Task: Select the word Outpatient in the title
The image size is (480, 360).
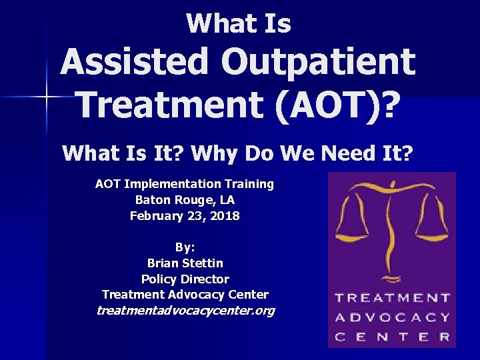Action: coord(319,63)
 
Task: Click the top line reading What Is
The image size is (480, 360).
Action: coord(239,24)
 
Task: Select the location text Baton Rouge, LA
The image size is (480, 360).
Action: coord(185,199)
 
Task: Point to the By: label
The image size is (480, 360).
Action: coord(185,247)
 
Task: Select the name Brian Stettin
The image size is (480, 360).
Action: coord(185,263)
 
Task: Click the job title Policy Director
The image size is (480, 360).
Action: coord(185,279)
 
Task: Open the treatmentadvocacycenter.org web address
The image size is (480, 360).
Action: coord(185,311)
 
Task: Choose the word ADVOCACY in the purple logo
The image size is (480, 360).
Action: coord(392,317)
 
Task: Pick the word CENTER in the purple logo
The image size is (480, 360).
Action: coord(392,337)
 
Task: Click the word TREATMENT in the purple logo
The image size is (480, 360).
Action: coord(392,298)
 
